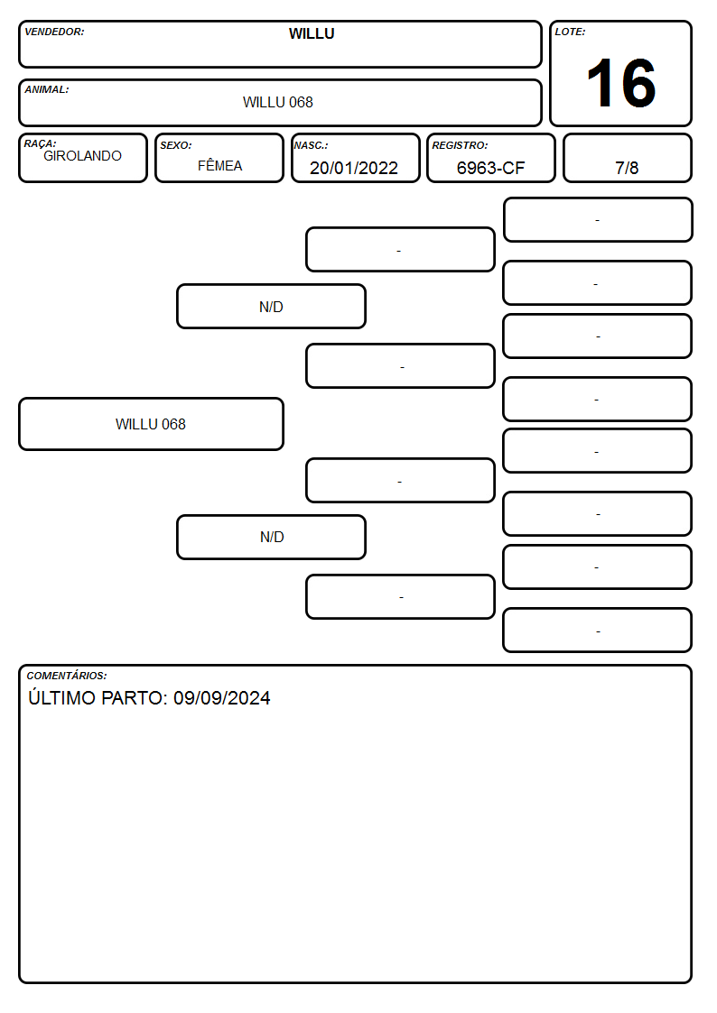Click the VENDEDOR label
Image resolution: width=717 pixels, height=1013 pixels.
54,32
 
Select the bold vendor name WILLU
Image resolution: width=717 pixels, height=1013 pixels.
312,33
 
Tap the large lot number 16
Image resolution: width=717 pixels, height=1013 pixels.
620,83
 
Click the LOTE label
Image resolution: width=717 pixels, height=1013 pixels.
570,32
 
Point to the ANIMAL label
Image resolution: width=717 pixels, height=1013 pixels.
47,90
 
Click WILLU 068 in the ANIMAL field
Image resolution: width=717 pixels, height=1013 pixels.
278,102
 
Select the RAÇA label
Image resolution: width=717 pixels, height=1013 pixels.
40,143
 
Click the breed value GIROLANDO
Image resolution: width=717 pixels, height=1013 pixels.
83,156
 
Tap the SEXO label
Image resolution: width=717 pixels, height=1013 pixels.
176,145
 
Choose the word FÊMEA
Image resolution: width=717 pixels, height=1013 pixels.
219,165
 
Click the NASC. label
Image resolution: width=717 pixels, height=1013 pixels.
311,145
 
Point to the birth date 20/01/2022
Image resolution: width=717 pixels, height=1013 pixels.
354,168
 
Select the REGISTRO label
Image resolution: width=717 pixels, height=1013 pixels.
460,145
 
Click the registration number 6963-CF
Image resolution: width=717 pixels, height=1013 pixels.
490,168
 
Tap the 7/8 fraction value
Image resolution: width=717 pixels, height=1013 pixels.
627,168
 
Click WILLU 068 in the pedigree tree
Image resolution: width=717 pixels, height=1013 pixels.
151,424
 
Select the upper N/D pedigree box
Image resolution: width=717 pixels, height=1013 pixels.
271,307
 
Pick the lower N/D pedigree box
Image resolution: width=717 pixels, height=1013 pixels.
271,537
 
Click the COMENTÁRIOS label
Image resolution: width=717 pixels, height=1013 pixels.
67,676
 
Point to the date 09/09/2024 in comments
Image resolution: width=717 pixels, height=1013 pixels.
222,697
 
